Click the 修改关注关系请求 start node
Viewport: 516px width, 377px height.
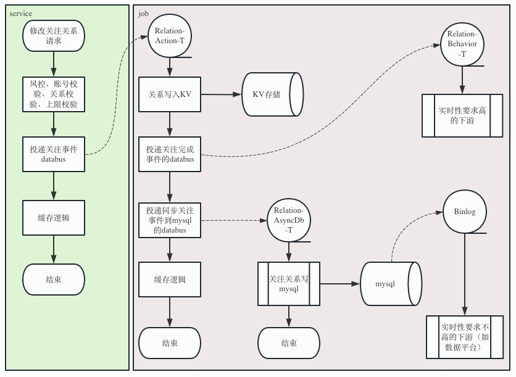tap(54, 36)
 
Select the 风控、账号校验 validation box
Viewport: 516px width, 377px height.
tap(54, 94)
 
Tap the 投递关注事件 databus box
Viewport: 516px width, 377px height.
tap(54, 154)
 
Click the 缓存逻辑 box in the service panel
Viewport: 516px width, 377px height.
tap(54, 218)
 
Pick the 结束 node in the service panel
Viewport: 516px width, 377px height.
tap(54, 280)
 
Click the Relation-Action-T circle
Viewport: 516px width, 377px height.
tap(170, 36)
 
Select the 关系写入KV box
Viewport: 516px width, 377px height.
tap(170, 94)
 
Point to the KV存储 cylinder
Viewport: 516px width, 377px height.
tap(272, 94)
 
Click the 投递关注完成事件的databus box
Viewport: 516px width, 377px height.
tap(170, 154)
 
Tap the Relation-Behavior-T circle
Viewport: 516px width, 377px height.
tap(462, 44)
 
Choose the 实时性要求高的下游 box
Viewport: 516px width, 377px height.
tap(462, 115)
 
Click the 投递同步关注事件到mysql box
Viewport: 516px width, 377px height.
tap(170, 220)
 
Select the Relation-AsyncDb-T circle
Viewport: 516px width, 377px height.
tap(289, 220)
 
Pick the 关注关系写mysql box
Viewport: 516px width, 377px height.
tap(289, 284)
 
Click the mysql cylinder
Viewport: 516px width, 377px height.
tap(391, 284)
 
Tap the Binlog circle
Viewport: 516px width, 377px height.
tap(465, 212)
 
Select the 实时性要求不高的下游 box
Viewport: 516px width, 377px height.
tap(465, 337)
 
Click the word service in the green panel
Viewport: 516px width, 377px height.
tap(21, 14)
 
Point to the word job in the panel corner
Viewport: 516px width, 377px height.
tap(143, 14)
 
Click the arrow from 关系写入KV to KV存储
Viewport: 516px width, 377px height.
tap(221, 94)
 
